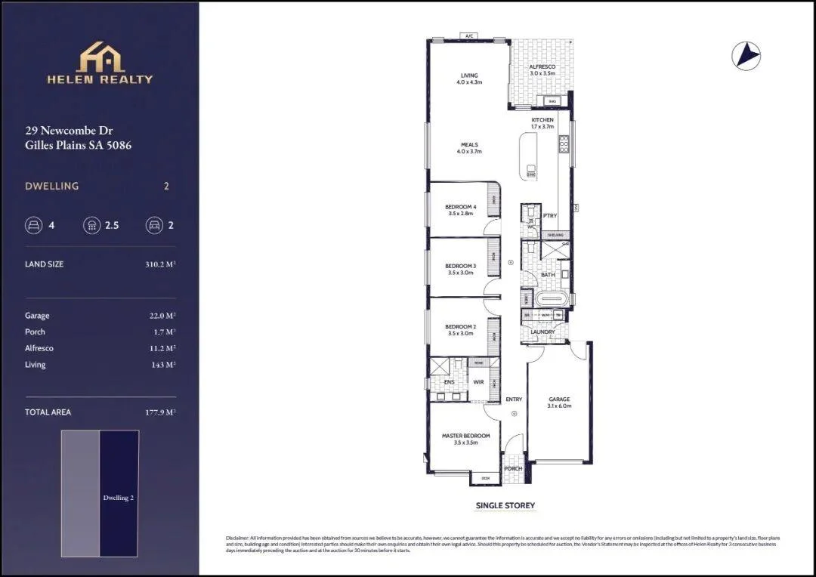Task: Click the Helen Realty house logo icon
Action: coord(100,57)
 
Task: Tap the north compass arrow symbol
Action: coord(746,55)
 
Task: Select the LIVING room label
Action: coord(469,76)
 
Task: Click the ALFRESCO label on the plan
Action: coord(542,67)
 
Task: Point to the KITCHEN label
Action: coord(542,120)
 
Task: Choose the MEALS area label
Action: coord(469,145)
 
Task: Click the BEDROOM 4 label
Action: coord(460,207)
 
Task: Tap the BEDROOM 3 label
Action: coord(460,266)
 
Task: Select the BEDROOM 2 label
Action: coord(460,326)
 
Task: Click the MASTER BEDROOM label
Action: coord(465,436)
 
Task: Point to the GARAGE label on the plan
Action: coord(559,400)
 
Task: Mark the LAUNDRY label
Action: coord(542,332)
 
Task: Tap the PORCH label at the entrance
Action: coord(513,468)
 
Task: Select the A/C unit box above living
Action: coord(468,35)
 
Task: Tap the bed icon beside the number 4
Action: coord(33,225)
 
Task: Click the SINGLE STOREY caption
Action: coord(505,505)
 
